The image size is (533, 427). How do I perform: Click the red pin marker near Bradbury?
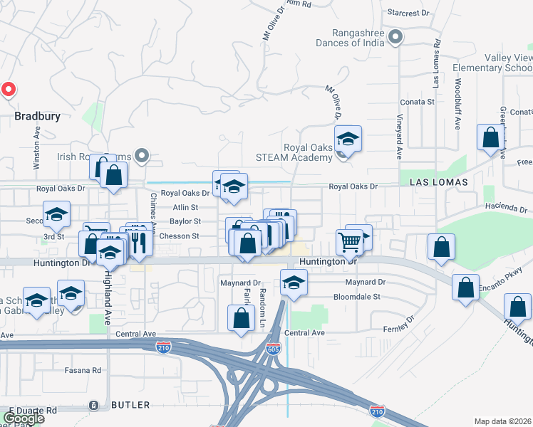[8, 89]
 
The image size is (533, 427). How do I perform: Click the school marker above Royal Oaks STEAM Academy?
[348, 138]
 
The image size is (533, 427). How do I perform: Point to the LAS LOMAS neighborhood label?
[439, 182]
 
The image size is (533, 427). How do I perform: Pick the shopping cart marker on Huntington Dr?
[350, 242]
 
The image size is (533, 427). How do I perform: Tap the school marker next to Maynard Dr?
[294, 283]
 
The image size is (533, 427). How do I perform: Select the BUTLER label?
[130, 405]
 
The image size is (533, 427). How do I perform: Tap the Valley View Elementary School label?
[498, 63]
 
